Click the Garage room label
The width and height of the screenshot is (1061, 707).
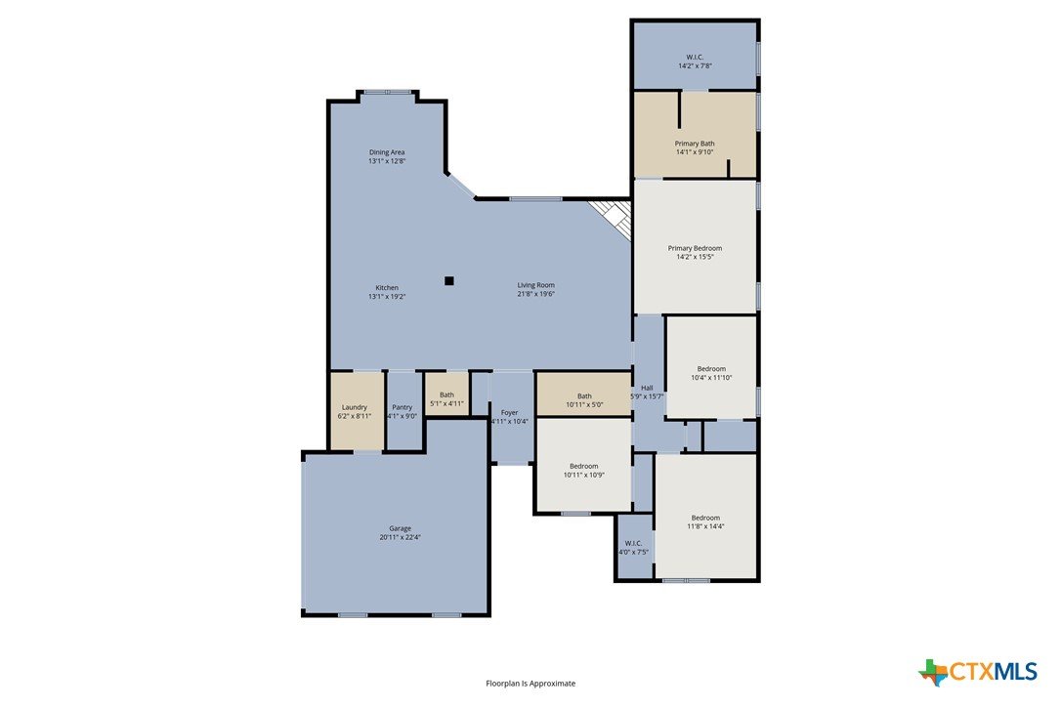400,528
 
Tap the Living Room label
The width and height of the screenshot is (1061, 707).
536,285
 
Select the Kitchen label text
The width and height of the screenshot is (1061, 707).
387,287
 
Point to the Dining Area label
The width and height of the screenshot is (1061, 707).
387,152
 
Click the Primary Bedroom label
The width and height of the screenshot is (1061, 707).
695,248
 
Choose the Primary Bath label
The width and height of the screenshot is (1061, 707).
695,144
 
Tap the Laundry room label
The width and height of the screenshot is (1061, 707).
355,407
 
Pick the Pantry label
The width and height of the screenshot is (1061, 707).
402,407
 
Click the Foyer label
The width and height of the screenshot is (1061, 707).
510,413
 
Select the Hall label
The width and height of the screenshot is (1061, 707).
647,388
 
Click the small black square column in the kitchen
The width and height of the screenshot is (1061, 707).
448,281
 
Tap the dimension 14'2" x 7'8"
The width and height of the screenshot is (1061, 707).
695,65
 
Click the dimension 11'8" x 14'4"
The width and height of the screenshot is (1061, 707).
705,526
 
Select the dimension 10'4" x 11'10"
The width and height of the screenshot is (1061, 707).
711,378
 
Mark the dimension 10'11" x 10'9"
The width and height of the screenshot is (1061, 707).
584,475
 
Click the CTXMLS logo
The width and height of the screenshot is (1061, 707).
978,672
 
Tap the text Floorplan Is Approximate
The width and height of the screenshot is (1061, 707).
530,684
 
